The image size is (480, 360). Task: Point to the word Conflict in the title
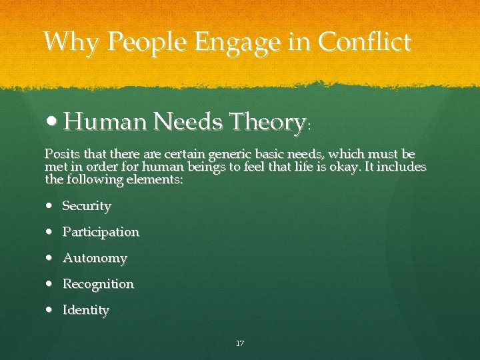click(x=365, y=42)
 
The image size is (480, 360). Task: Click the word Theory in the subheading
click(x=266, y=122)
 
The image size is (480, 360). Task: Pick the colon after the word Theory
click(x=308, y=125)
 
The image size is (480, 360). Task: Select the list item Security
click(x=87, y=206)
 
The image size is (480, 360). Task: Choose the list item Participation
click(x=101, y=232)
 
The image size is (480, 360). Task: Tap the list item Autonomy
click(x=95, y=258)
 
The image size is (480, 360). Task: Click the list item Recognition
click(x=98, y=284)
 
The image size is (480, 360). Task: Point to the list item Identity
click(x=86, y=310)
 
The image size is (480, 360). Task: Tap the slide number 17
click(x=240, y=343)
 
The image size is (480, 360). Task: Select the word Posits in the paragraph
click(x=59, y=154)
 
